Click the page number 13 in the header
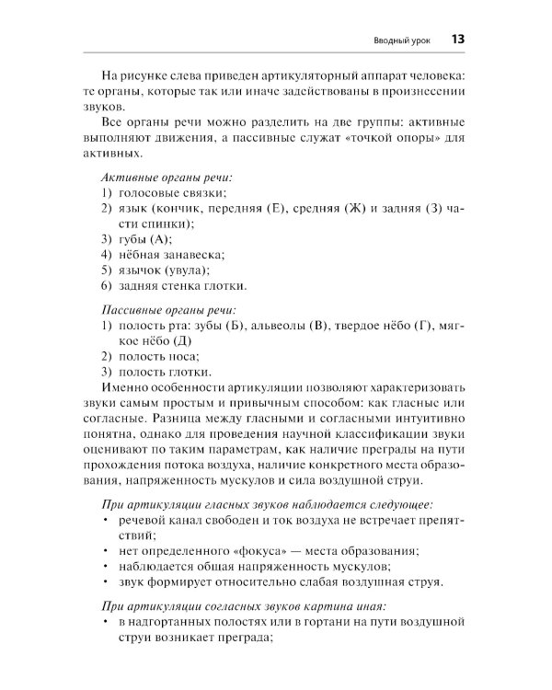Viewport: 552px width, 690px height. [458, 40]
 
